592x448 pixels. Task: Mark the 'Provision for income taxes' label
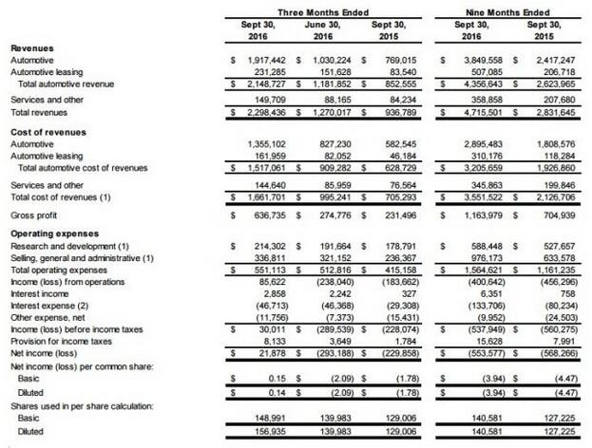(x=61, y=342)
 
